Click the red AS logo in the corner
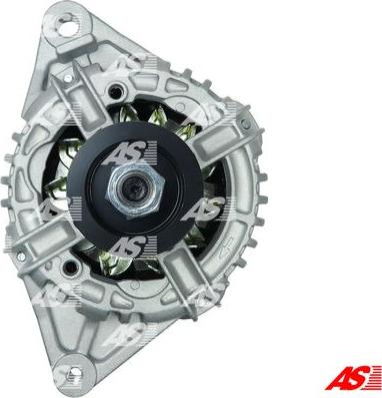(x=353, y=377)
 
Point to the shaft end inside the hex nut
(x=133, y=190)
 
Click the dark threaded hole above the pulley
(x=116, y=91)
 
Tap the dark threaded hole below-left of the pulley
(x=70, y=267)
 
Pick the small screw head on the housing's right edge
(x=246, y=124)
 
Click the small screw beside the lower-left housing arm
(x=21, y=256)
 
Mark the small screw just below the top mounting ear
(x=68, y=78)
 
